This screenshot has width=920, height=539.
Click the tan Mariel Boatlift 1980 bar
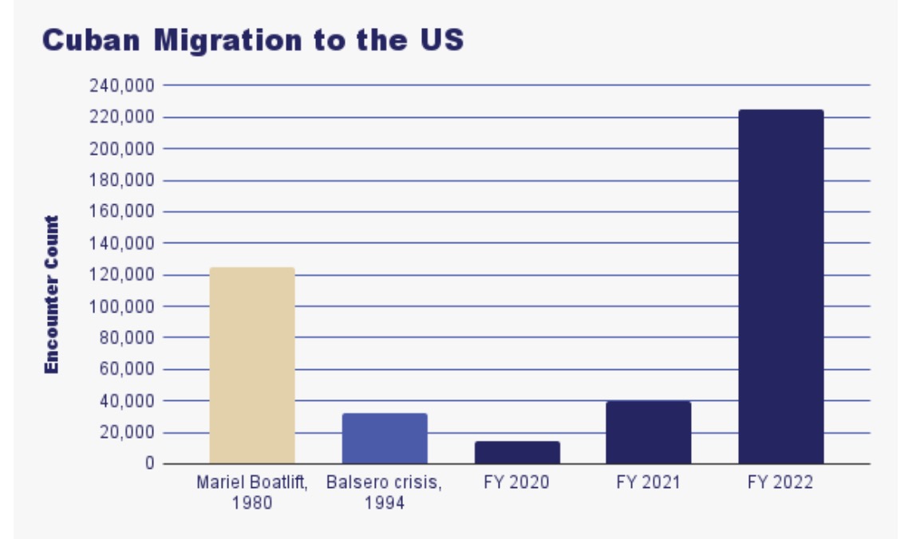(251, 365)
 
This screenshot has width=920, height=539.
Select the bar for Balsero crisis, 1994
(385, 439)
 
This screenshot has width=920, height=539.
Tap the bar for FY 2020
(517, 452)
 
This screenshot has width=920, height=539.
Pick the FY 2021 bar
(648, 432)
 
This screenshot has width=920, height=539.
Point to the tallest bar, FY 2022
(780, 287)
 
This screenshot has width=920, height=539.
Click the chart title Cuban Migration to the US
(252, 40)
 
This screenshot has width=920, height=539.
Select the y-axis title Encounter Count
(52, 294)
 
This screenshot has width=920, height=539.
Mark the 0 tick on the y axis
(149, 463)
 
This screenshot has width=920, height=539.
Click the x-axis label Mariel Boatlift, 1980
(251, 493)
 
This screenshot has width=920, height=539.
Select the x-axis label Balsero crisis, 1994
(385, 493)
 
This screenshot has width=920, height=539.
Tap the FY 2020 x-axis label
(517, 483)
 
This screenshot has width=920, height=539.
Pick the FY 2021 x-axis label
(648, 483)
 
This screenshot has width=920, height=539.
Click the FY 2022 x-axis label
(780, 483)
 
